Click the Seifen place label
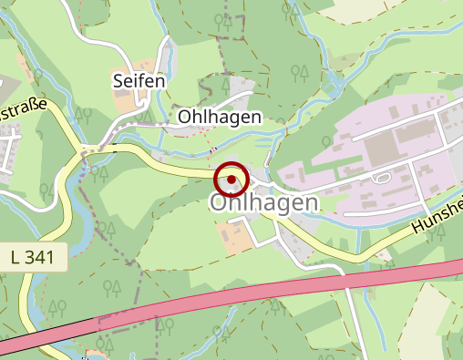(x=139, y=81)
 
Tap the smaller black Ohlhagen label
(x=220, y=117)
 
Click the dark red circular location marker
(x=232, y=179)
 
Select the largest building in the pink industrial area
(x=416, y=131)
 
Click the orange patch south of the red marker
(x=235, y=235)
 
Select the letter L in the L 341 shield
(x=17, y=258)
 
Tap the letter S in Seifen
(x=118, y=81)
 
